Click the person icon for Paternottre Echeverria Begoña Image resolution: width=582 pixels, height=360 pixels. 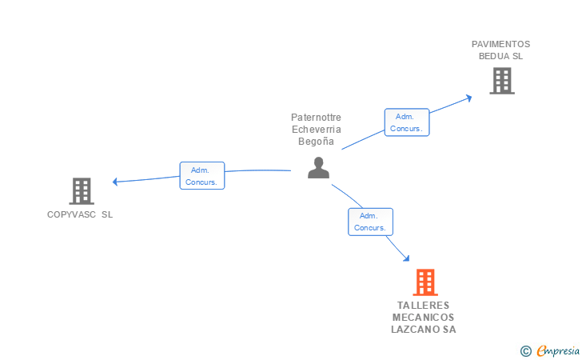click(x=318, y=168)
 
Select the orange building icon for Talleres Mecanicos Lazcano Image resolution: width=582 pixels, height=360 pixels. click(x=425, y=282)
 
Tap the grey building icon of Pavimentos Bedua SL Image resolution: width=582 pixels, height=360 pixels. click(x=501, y=80)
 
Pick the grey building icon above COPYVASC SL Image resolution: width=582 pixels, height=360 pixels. click(x=82, y=190)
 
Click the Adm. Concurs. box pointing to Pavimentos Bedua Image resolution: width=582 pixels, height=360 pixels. click(x=407, y=122)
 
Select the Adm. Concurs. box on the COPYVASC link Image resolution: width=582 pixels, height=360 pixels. click(x=202, y=176)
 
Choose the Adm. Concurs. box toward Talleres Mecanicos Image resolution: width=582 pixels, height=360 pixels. click(x=370, y=222)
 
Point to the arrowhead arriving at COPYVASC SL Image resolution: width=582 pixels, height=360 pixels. click(x=116, y=182)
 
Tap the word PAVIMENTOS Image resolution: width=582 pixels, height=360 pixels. click(x=500, y=45)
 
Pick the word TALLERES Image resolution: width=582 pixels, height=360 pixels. click(x=424, y=306)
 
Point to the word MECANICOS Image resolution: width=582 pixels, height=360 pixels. click(x=424, y=318)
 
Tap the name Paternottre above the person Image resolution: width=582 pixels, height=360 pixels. click(x=316, y=118)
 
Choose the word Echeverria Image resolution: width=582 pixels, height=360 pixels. click(x=316, y=130)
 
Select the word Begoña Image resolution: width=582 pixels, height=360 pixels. click(x=316, y=141)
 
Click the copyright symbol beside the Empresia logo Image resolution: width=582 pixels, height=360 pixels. click(x=525, y=350)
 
